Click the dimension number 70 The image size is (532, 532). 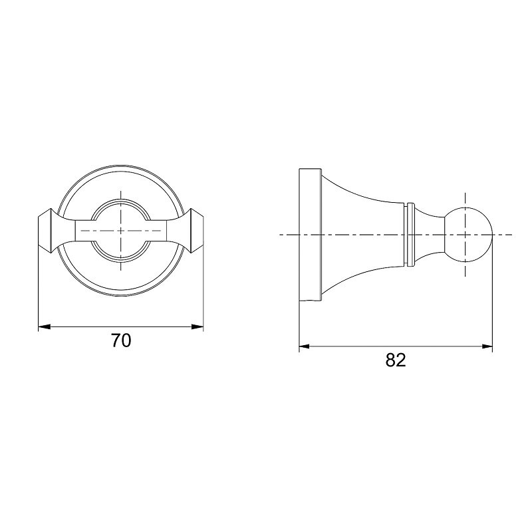pos(121,340)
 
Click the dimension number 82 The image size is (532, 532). pos(396,360)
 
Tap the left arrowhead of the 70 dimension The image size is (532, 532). pos(44,327)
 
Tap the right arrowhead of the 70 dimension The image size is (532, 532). pos(198,327)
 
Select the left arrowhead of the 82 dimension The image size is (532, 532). pos(305,346)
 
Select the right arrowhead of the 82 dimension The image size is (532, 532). pos(487,346)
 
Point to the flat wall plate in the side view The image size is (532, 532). pos(310,235)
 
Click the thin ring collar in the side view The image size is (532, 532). pos(410,235)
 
